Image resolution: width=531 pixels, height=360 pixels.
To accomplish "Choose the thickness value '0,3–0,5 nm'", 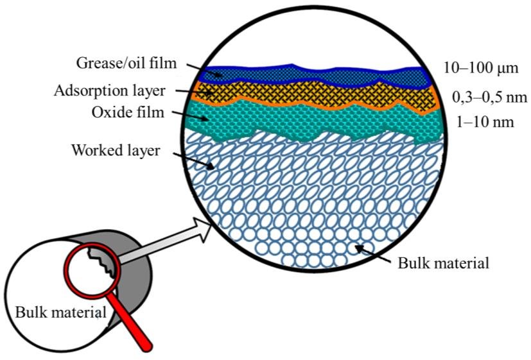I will click(485, 98).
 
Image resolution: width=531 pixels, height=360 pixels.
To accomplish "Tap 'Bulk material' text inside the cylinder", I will click(55, 314).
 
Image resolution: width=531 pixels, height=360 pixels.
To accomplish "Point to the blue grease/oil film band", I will click(321, 74).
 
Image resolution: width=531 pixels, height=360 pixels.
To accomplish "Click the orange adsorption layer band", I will click(321, 94).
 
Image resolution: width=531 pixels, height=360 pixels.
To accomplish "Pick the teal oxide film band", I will click(321, 122).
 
